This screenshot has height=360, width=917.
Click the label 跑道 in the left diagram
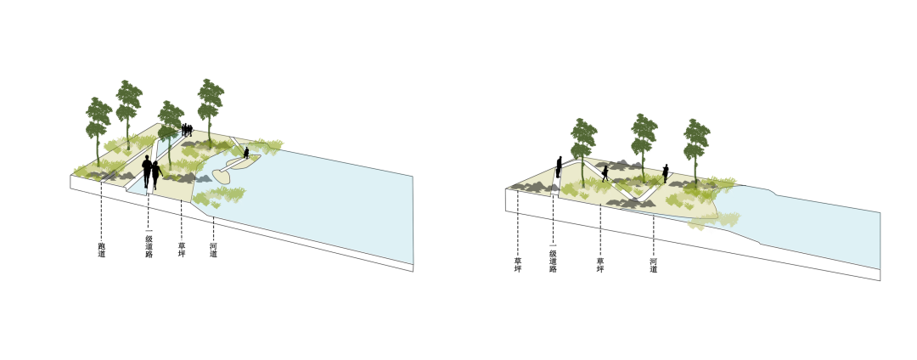tap(102, 250)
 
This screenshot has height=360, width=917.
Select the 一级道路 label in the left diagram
tap(149, 246)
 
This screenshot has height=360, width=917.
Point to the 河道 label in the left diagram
tap(213, 250)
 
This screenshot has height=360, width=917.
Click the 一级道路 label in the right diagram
tap(553, 261)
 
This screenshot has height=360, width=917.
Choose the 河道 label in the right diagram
tap(653, 265)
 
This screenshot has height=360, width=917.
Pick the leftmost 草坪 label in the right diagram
tap(518, 265)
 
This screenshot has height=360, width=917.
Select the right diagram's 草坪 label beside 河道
tap(600, 265)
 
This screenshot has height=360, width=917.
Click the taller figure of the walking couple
tap(147, 172)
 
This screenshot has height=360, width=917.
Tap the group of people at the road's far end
tap(187, 130)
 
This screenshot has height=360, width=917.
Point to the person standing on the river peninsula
tap(246, 153)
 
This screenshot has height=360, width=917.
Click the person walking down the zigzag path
tap(605, 173)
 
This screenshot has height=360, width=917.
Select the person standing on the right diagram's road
tap(559, 167)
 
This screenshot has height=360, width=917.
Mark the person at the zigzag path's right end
tap(666, 173)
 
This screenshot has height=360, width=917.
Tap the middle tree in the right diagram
tap(644, 146)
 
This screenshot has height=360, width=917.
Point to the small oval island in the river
tap(223, 175)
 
